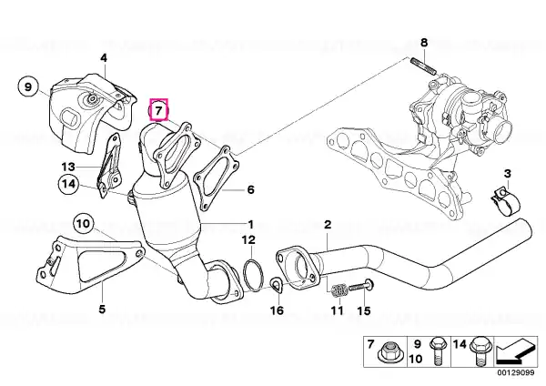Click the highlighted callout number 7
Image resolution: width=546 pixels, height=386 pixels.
(x=158, y=110)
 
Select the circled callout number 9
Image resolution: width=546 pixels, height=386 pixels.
(x=28, y=86)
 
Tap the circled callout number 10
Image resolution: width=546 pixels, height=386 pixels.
(x=84, y=224)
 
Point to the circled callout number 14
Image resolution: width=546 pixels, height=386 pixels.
(x=69, y=183)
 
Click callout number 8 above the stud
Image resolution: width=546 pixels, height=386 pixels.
(x=424, y=43)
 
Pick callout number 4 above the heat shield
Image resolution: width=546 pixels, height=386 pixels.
(x=104, y=58)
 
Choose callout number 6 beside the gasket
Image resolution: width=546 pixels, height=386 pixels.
(x=251, y=190)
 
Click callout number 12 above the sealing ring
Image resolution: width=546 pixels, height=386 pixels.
(x=249, y=239)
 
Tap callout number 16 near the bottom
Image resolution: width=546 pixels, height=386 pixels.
(x=278, y=310)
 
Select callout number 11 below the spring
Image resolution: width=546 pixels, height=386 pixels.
(x=337, y=310)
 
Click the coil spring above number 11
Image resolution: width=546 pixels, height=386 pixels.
(x=339, y=291)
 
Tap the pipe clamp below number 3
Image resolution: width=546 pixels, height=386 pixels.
(x=505, y=202)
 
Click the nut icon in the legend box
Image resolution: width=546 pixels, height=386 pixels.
(x=387, y=353)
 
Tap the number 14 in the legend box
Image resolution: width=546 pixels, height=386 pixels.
(x=460, y=344)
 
